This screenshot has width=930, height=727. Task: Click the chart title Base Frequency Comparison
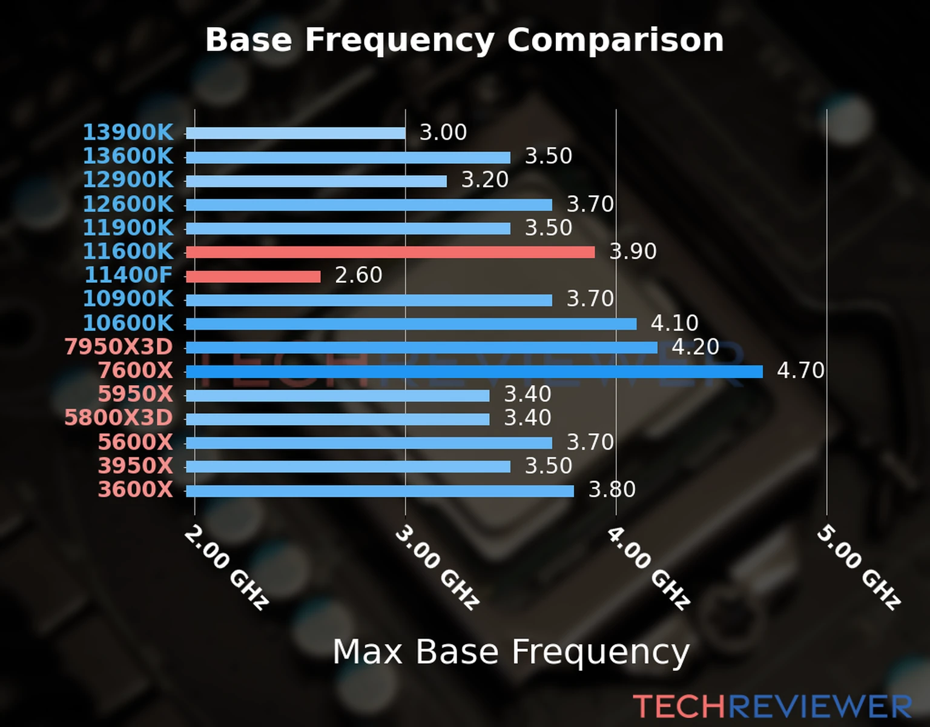click(464, 40)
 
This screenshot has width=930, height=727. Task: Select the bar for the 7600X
click(474, 371)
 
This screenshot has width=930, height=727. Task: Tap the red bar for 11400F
click(253, 276)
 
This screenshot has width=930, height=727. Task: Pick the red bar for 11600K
click(390, 252)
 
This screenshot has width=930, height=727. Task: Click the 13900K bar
click(295, 133)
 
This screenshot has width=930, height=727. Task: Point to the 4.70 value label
click(800, 370)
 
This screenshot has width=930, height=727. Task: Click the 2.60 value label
click(358, 275)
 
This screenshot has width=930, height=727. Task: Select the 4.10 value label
click(674, 323)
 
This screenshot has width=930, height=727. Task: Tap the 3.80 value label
click(612, 490)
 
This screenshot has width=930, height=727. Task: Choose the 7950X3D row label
click(119, 347)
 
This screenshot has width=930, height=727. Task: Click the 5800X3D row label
click(119, 418)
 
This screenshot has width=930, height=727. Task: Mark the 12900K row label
click(128, 180)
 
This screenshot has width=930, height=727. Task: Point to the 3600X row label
click(136, 490)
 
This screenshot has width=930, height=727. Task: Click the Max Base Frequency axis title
click(511, 652)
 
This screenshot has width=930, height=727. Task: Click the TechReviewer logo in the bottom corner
click(772, 706)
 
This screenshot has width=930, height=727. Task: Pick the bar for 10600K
click(411, 324)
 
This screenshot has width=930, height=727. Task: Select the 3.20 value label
click(485, 180)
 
